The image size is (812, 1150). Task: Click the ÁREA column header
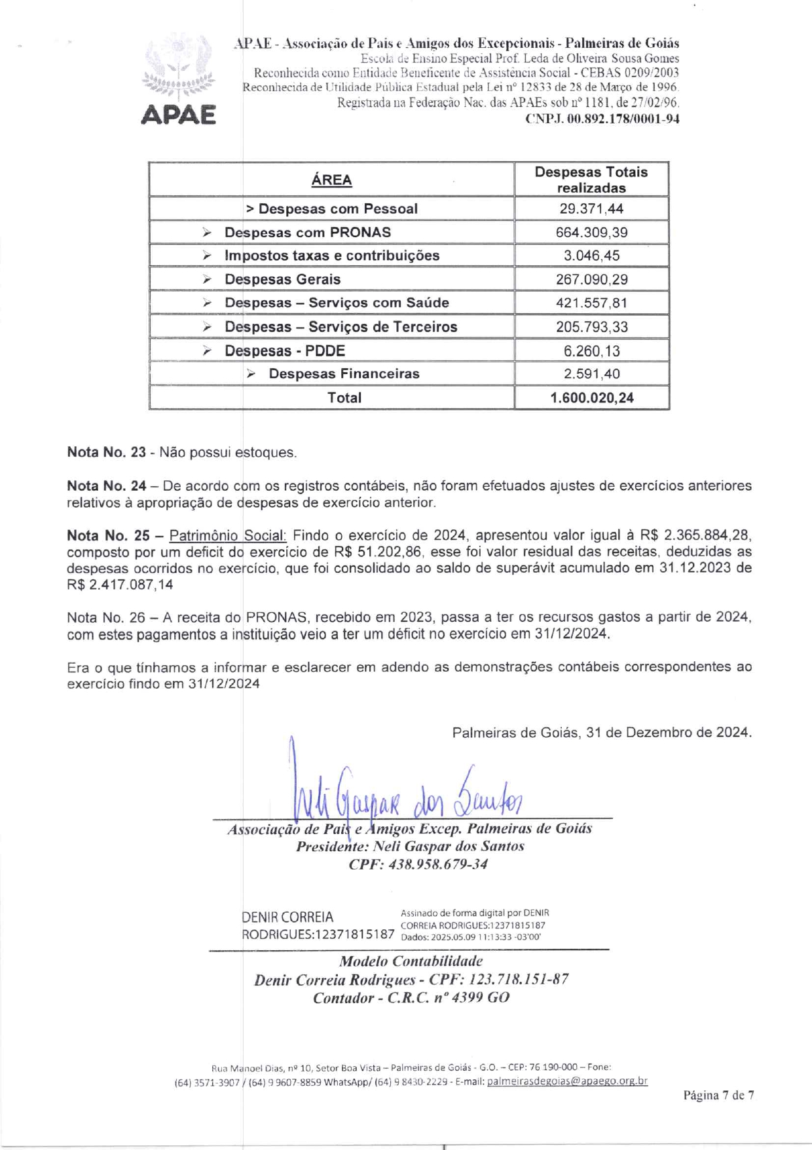[x=331, y=180]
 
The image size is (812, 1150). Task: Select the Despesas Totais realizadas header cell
[x=591, y=180]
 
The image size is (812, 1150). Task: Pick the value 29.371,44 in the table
[x=591, y=209]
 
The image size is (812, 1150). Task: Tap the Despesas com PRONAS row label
[x=307, y=233]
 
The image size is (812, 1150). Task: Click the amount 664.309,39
[x=591, y=233]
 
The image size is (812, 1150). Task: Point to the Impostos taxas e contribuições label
[x=332, y=256]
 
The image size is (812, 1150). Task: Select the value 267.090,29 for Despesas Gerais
[x=591, y=280]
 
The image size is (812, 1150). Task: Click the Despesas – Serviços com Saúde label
[x=337, y=303]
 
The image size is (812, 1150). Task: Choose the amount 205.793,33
[x=591, y=327]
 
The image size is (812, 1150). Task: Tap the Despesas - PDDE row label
[x=285, y=351]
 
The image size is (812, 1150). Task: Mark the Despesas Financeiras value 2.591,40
[x=591, y=374]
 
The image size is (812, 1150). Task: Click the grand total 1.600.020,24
[x=591, y=398]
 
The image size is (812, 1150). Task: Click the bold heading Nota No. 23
[x=106, y=452]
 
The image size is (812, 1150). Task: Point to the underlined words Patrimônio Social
[x=227, y=535]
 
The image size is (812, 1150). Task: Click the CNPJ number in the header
[x=602, y=119]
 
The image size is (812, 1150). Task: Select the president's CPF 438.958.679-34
[x=418, y=864]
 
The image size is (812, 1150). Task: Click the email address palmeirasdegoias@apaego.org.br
[x=567, y=1081]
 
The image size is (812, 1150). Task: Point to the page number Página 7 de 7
[x=718, y=1095]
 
